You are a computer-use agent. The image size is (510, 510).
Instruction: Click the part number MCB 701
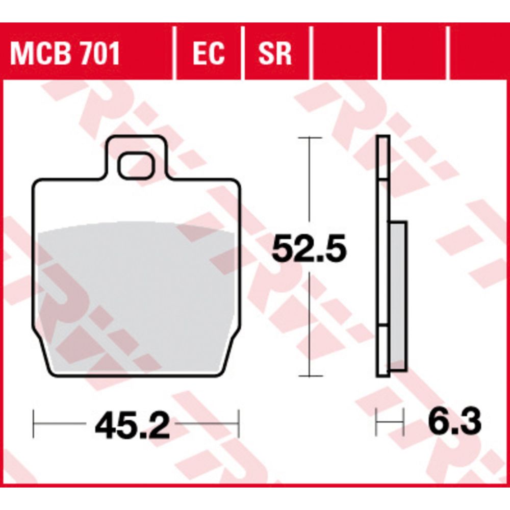pyautogui.click(x=65, y=54)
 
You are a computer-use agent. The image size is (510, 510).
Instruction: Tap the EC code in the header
pyautogui.click(x=209, y=54)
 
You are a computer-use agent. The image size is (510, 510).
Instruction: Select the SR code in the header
pyautogui.click(x=274, y=54)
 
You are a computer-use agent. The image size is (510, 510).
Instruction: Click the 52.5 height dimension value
pyautogui.click(x=309, y=249)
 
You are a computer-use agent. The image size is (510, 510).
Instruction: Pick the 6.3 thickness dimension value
pyautogui.click(x=454, y=422)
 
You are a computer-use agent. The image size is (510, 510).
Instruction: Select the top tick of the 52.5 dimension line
pyautogui.click(x=310, y=138)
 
